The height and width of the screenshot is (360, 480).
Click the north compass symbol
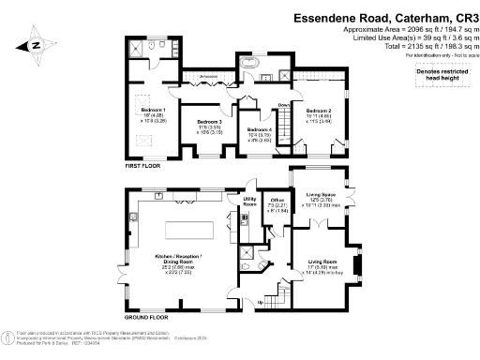35,44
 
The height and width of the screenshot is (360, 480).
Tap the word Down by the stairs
282,104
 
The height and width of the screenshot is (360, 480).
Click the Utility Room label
250,201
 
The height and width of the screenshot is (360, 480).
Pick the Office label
277,201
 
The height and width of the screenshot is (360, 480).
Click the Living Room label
322,262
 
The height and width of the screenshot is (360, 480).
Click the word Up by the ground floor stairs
260,302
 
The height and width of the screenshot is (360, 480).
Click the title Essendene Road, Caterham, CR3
372,16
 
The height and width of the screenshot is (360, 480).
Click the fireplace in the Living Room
353,263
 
